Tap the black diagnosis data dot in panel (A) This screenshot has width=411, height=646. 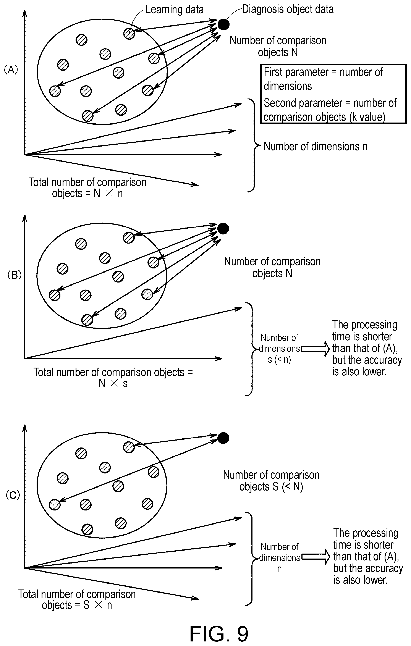[x=223, y=25]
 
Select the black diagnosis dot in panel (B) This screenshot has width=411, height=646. [x=223, y=229]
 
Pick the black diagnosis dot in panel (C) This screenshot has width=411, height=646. [x=223, y=438]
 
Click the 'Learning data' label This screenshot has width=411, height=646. [x=174, y=10]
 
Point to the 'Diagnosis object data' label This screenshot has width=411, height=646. [x=288, y=9]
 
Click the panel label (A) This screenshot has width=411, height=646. [x=11, y=70]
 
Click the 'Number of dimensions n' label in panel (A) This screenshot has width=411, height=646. [x=316, y=147]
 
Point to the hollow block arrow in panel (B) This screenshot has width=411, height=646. [x=316, y=349]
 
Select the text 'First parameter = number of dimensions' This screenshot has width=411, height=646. [x=323, y=79]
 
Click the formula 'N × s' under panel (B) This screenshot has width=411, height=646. [x=113, y=384]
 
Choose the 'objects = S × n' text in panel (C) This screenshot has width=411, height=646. [x=77, y=605]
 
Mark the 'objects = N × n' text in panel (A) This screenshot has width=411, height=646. [x=87, y=193]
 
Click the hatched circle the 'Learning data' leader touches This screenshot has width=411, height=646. [x=129, y=34]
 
